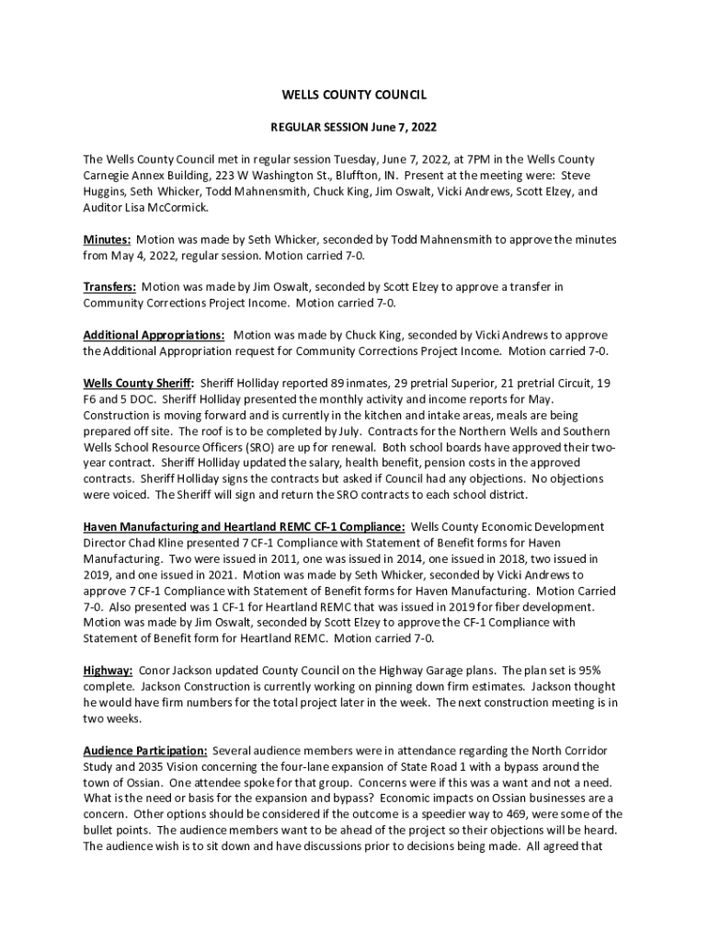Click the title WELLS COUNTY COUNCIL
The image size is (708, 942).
pyautogui.click(x=354, y=95)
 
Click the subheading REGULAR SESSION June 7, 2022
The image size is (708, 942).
pyautogui.click(x=354, y=127)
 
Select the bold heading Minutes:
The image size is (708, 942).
pyautogui.click(x=107, y=239)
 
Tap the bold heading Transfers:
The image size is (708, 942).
pyautogui.click(x=109, y=287)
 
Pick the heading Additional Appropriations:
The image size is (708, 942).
pyautogui.click(x=154, y=335)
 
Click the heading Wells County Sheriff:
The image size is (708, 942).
pyautogui.click(x=139, y=383)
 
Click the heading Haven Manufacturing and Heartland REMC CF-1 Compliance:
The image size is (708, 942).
pyautogui.click(x=244, y=526)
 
